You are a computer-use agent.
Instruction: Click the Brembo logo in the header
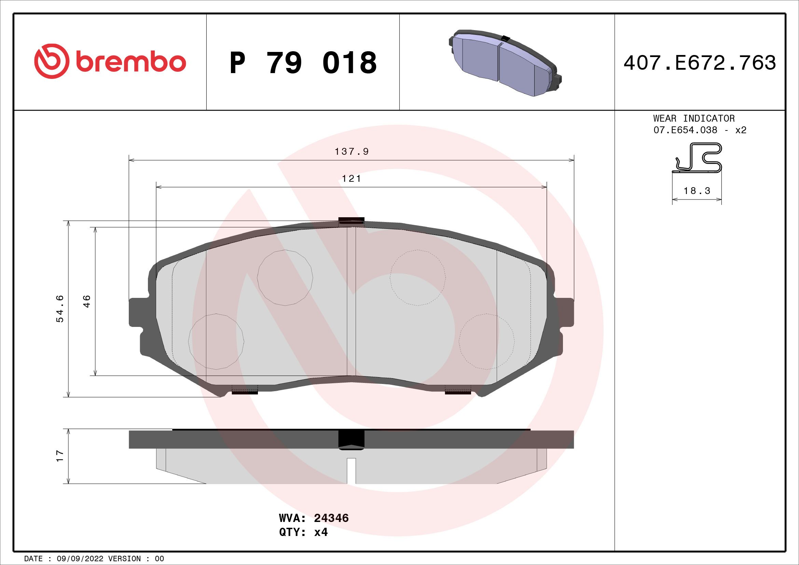tap(110, 61)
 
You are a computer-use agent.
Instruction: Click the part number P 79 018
tap(303, 63)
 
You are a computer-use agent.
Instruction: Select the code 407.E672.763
tap(700, 63)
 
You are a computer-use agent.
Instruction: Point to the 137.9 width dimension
tap(352, 152)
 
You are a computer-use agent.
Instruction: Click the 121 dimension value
tap(352, 178)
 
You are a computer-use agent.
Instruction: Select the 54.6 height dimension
tap(60, 308)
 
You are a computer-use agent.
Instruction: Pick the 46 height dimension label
tap(87, 301)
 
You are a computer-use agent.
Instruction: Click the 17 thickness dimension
tap(60, 456)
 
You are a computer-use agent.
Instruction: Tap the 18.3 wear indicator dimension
tap(696, 191)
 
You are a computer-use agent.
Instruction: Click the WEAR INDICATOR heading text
tap(694, 119)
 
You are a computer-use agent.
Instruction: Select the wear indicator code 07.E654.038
tap(685, 130)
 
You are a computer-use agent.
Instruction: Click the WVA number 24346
tap(331, 528)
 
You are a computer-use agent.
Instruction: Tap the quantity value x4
tap(320, 542)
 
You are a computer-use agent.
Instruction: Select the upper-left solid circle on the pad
tap(285, 278)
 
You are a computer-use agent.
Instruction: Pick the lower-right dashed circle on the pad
tap(486, 342)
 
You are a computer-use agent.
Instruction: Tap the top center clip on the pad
tap(351, 221)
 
